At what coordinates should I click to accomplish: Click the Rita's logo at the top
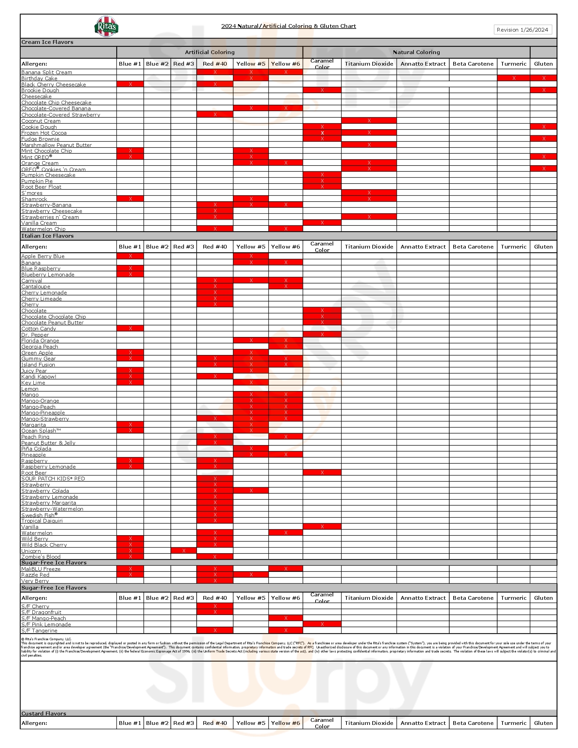(106, 27)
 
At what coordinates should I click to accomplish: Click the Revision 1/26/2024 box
(522, 30)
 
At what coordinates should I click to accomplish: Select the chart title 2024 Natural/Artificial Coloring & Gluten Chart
(288, 26)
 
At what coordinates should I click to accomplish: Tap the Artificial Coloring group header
(209, 52)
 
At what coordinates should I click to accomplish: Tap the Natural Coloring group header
(416, 52)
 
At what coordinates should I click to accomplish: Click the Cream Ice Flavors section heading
(47, 42)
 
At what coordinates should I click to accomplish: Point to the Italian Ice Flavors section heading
(47, 236)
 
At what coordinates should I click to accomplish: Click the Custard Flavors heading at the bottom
(44, 713)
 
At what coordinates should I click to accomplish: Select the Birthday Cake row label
(39, 79)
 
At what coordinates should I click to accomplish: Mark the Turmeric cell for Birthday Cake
(514, 79)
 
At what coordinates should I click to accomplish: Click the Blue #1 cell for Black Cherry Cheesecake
(130, 84)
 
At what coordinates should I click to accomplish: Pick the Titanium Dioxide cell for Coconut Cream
(369, 121)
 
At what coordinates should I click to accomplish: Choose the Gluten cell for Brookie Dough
(543, 90)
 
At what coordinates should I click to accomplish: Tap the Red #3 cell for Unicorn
(184, 551)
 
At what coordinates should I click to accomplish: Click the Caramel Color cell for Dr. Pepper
(322, 334)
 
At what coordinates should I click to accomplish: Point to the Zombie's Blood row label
(41, 557)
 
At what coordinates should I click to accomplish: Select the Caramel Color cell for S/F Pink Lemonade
(322, 624)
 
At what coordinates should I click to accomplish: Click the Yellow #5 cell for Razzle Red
(251, 575)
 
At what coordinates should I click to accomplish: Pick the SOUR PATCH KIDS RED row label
(53, 478)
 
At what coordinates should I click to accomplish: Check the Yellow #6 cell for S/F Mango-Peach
(286, 618)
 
